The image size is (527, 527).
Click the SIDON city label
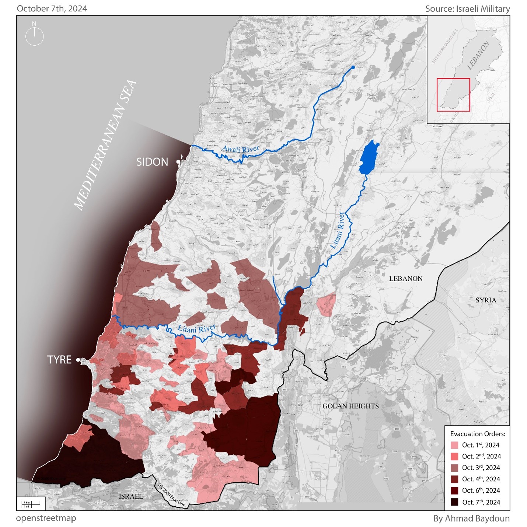152,162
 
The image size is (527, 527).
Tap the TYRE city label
59,360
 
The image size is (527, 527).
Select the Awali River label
241,149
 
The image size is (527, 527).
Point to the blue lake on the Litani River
369,158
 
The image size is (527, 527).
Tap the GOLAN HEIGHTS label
350,406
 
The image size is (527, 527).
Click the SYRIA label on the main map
485,300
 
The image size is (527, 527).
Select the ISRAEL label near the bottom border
131,496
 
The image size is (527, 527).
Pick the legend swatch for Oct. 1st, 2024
454,445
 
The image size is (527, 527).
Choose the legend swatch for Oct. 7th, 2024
454,502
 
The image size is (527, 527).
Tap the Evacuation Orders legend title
478,434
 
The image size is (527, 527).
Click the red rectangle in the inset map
453,95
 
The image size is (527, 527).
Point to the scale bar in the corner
31,503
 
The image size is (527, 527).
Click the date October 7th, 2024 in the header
52,9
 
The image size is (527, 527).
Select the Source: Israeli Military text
467,9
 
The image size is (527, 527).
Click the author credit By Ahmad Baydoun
471,519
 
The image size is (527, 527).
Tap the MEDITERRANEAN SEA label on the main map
105,146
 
